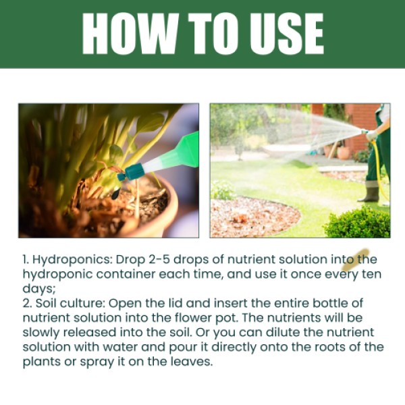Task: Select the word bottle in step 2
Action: click(333, 304)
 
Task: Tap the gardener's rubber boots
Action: click(371, 190)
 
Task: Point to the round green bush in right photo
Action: click(358, 223)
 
